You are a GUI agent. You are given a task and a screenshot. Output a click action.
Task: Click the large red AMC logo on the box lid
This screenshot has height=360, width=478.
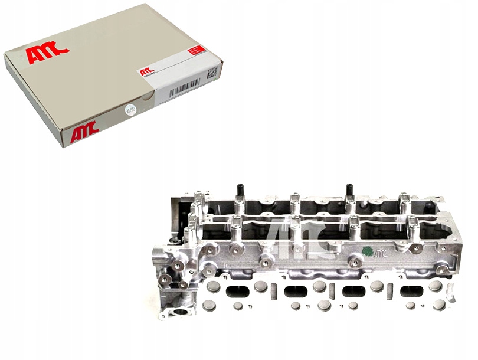tap(47, 55)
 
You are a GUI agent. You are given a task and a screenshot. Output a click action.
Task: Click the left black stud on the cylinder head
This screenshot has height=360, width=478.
tap(241, 190)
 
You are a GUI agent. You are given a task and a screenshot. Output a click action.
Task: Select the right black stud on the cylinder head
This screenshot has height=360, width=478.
tap(349, 191)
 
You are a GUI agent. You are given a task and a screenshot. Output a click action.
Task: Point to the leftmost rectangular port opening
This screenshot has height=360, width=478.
tap(237, 290)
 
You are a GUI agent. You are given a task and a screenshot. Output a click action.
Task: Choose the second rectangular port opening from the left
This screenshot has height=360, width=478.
tap(296, 291)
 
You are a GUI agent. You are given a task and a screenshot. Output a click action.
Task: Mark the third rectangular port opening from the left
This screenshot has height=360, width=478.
tap(354, 291)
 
